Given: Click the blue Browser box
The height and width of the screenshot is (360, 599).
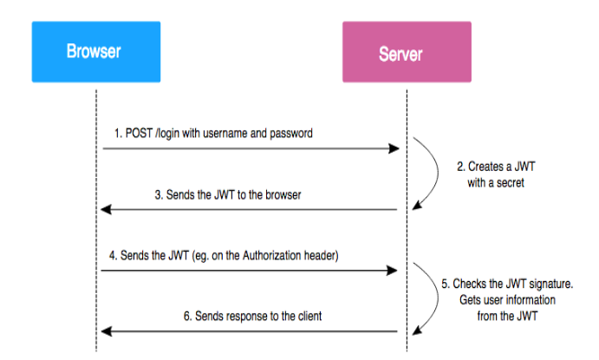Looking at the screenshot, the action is click(x=96, y=51).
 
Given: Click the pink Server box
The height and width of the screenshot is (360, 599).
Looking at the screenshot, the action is click(x=407, y=51).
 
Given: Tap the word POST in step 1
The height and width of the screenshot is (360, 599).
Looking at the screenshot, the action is click(x=139, y=134).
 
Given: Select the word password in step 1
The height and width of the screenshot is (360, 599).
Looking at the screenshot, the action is click(x=291, y=134).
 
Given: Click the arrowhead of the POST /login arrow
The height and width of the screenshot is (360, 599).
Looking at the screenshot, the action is click(x=394, y=148).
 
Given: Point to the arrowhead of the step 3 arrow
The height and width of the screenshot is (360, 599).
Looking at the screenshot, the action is click(x=106, y=209).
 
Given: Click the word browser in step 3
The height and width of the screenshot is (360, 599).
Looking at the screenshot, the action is click(x=283, y=195).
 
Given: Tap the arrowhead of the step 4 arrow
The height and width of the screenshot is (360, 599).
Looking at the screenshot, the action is click(x=392, y=271).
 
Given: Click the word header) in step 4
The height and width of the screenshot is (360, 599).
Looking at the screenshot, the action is click(x=322, y=255).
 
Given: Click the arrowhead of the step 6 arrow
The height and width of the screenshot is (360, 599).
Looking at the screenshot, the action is click(x=107, y=331).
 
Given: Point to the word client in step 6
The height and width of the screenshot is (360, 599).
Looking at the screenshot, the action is click(x=309, y=316).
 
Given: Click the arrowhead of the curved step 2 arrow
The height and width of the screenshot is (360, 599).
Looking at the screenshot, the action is click(x=417, y=205).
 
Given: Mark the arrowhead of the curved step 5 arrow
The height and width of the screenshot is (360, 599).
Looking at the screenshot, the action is click(x=417, y=330).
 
